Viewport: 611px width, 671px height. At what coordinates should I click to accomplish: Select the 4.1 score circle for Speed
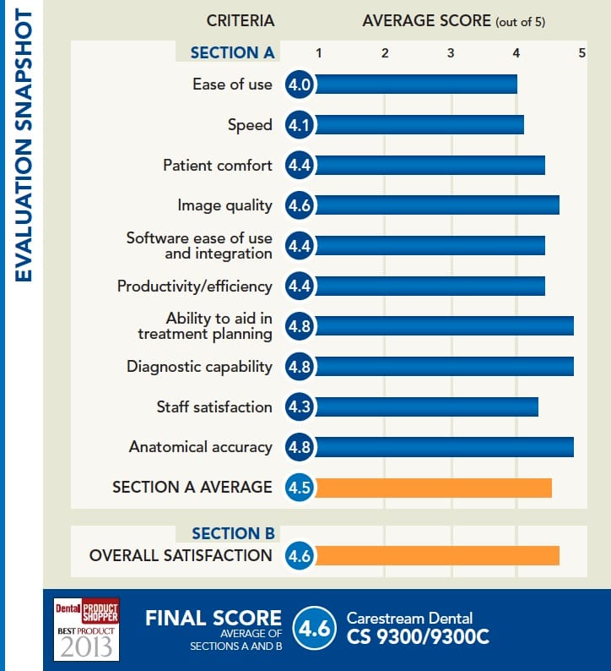coord(300,125)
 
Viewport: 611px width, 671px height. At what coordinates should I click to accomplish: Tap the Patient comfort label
coord(218,166)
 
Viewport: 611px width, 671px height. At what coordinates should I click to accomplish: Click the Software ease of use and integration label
coord(199,246)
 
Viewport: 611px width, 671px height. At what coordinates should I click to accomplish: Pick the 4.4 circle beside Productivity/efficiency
coord(300,286)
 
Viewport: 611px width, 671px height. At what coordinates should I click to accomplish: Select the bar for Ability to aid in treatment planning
coord(443,326)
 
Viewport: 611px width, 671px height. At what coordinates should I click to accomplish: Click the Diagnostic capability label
coord(199,367)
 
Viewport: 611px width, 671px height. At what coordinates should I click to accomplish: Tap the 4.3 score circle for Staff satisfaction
coord(300,406)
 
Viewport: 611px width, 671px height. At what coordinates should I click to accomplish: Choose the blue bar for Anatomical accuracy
coord(443,447)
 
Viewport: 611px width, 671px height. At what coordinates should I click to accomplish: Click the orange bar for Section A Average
coord(432,488)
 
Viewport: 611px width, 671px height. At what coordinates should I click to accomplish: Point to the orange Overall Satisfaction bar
coord(435,555)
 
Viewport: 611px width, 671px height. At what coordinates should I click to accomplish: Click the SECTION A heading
coord(232,52)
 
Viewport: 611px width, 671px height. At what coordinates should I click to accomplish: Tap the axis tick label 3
coord(451,52)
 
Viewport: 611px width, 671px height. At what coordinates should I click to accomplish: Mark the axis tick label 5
coord(581,52)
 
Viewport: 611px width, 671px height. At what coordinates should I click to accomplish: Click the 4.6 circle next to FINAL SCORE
coord(313,629)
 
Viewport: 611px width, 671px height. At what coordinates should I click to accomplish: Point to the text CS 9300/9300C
coord(418,636)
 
